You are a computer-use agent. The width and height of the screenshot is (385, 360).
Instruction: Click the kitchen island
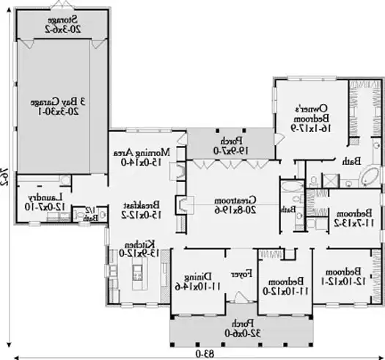point(136,277)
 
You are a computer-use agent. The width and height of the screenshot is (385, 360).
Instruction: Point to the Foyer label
point(238,273)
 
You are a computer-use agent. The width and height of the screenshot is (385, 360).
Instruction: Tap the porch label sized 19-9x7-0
point(230,144)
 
